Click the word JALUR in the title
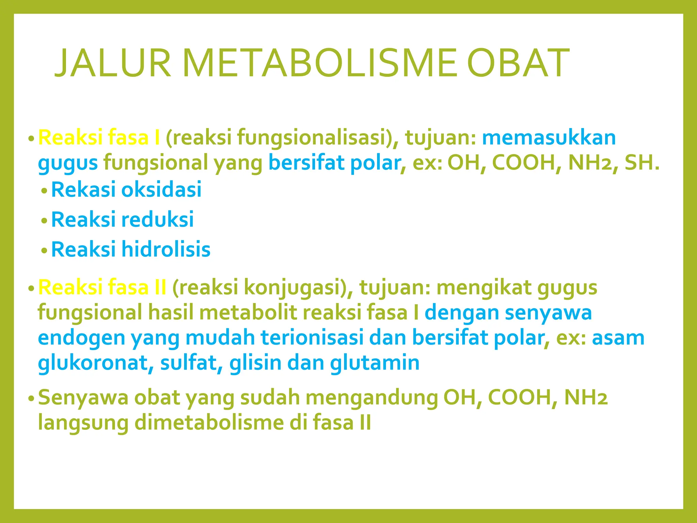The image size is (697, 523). (x=112, y=63)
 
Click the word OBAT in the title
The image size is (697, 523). (x=518, y=63)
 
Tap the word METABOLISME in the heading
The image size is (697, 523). (x=319, y=63)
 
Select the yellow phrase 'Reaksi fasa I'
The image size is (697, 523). (x=99, y=138)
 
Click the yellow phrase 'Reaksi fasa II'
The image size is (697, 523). (x=102, y=287)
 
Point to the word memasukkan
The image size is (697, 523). (x=549, y=138)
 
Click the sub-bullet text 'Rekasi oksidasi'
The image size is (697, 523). (x=126, y=189)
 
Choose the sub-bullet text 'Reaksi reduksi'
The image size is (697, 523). (x=123, y=219)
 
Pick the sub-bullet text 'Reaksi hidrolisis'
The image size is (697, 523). (x=131, y=249)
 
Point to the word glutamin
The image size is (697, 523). (x=374, y=363)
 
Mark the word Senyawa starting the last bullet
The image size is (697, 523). (x=83, y=398)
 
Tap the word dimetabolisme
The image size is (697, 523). (x=209, y=423)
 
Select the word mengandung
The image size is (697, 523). (x=372, y=398)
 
